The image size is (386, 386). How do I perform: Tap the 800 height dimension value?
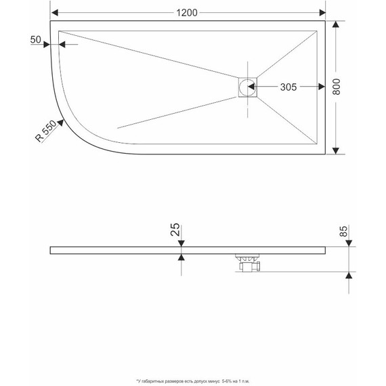pos(345,87)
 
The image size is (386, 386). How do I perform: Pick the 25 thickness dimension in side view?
pos(176,231)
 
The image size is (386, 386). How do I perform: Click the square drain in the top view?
pos(246,87)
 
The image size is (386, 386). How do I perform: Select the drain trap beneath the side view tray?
pos(248,262)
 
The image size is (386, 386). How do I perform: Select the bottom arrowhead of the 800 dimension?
pos(337,150)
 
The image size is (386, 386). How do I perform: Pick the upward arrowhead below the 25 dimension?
pos(181,258)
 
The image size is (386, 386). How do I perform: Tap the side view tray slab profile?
pos(135,250)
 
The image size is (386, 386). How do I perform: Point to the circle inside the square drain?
pos(249,87)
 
